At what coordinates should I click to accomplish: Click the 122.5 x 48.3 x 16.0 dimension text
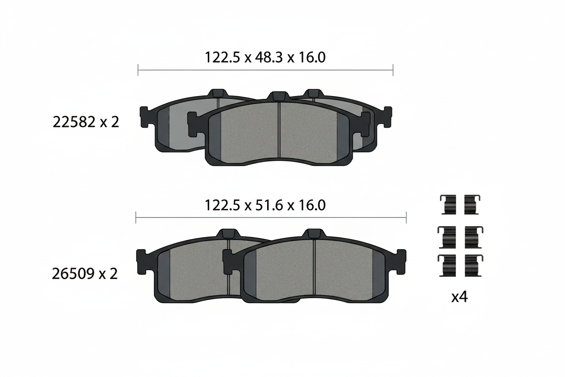(265, 58)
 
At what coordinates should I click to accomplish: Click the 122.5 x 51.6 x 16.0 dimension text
(265, 205)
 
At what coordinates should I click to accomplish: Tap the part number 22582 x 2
(86, 122)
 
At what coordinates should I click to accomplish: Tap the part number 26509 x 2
(85, 274)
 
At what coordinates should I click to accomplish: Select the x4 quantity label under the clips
(459, 297)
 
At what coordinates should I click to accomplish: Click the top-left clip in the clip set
(448, 204)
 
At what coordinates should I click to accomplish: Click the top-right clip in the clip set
(472, 204)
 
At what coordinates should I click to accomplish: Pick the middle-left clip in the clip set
(447, 237)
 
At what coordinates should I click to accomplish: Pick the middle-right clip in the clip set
(473, 237)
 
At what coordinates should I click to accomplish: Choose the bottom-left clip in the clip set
(447, 265)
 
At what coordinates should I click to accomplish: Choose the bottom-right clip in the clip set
(473, 265)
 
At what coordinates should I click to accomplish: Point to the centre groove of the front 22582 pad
(279, 131)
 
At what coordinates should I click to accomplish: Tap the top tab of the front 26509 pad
(314, 234)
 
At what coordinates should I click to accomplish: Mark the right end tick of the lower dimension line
(406, 217)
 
